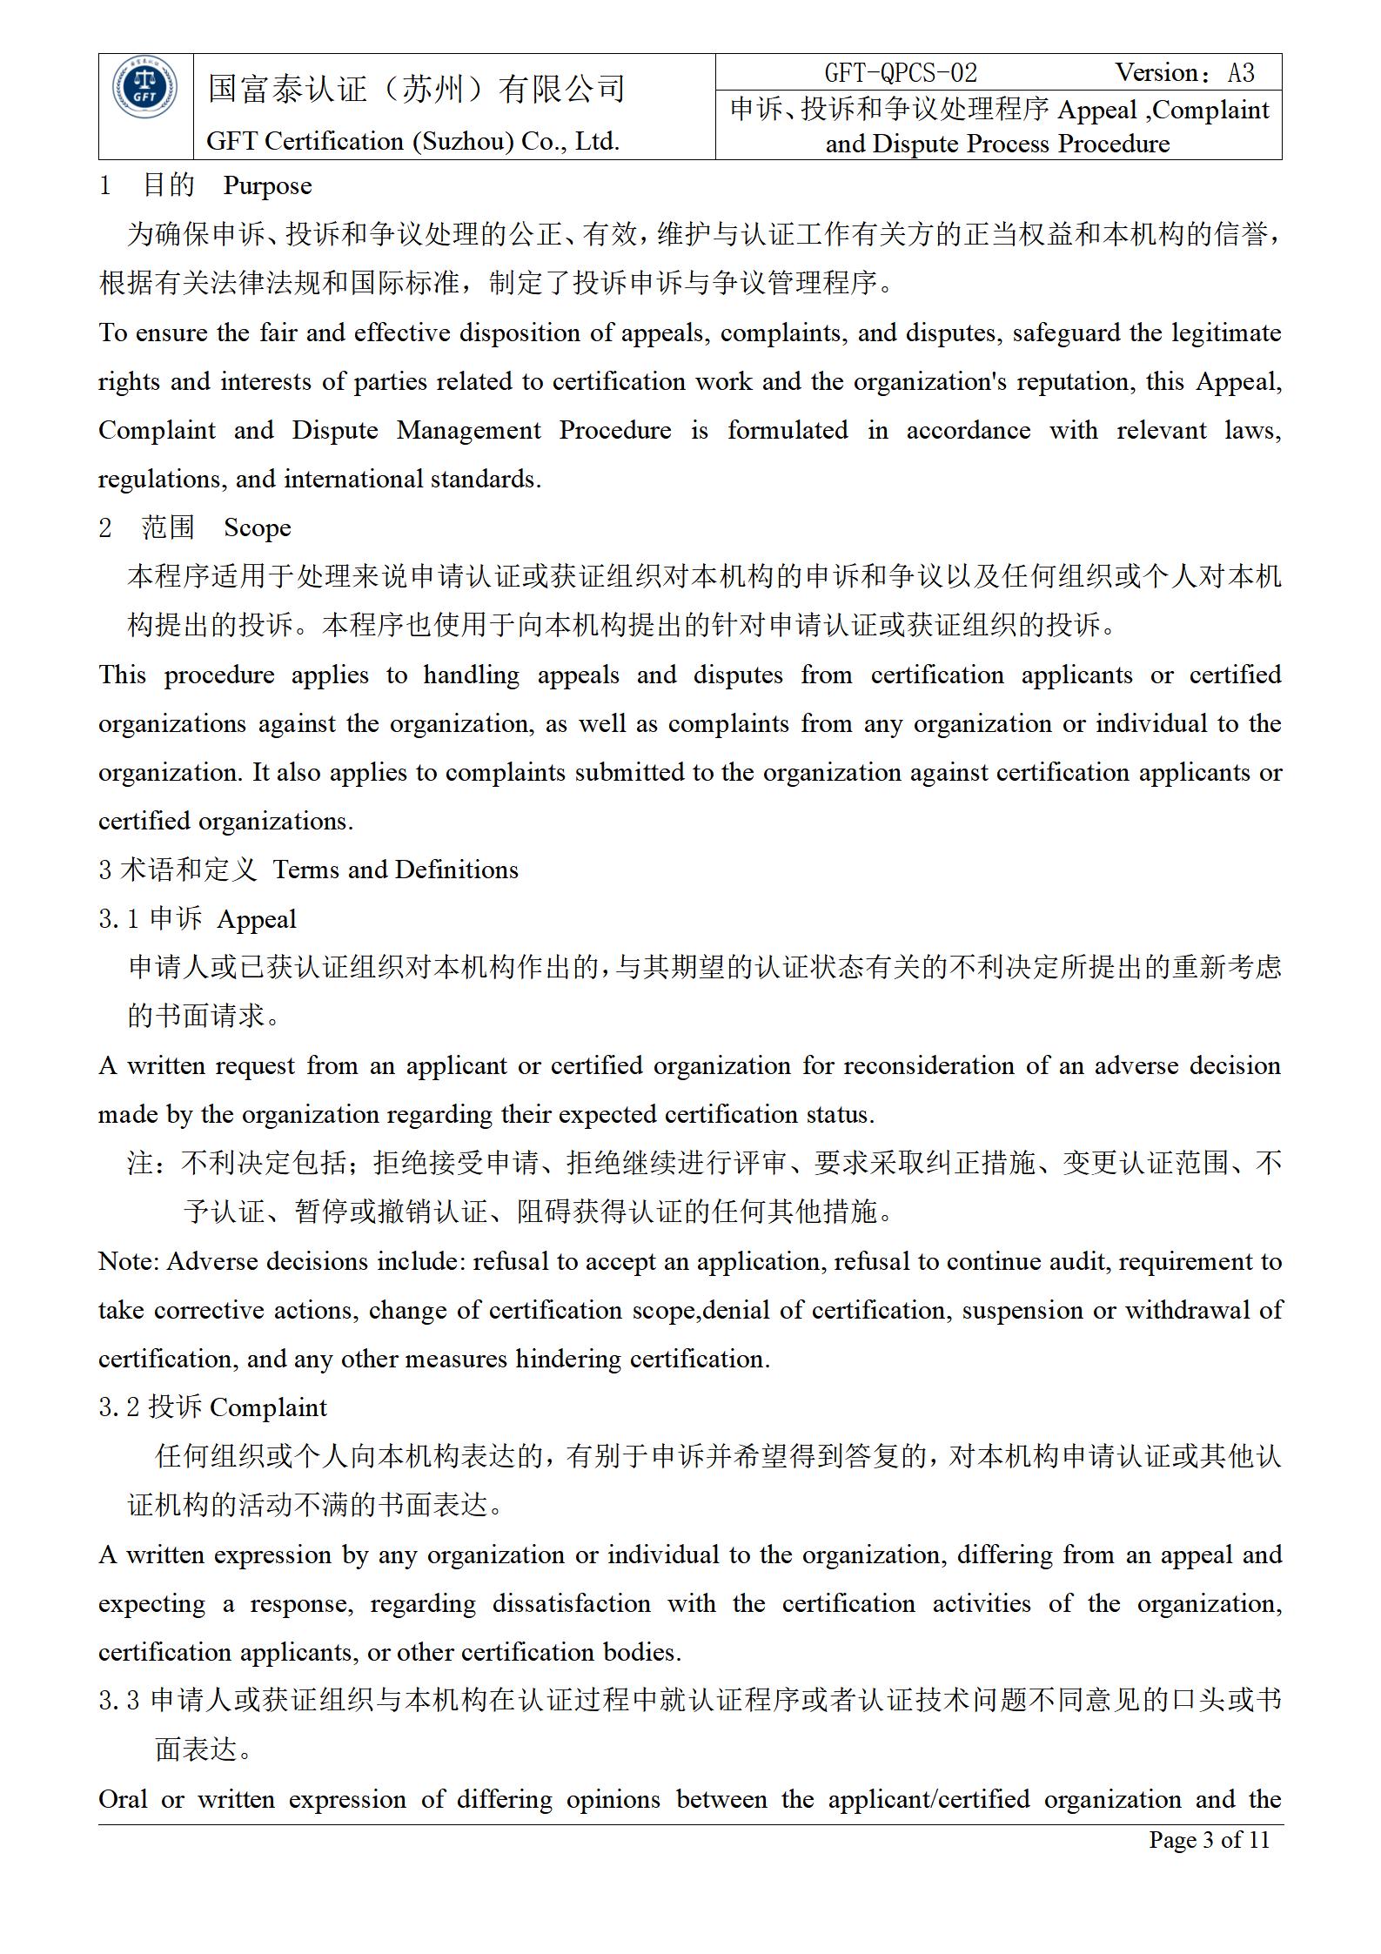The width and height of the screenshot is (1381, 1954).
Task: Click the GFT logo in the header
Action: click(x=144, y=90)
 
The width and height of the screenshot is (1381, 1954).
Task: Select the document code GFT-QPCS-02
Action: click(x=901, y=73)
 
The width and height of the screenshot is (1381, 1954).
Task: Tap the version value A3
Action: click(x=1241, y=73)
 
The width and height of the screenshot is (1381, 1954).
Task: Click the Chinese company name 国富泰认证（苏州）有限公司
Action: click(x=417, y=89)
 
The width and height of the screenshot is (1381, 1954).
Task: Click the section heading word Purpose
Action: click(x=267, y=186)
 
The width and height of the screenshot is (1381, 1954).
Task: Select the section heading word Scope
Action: click(x=257, y=528)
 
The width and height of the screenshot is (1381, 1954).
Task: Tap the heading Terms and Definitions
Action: click(x=395, y=870)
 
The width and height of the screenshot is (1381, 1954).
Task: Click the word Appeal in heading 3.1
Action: click(x=257, y=919)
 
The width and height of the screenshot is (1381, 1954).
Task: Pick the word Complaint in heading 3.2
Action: click(x=268, y=1408)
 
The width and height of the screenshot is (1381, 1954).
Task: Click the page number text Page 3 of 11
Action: click(x=1209, y=1839)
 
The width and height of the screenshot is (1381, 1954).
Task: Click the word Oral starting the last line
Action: click(x=123, y=1799)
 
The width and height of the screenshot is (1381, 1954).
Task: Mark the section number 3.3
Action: click(x=118, y=1701)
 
